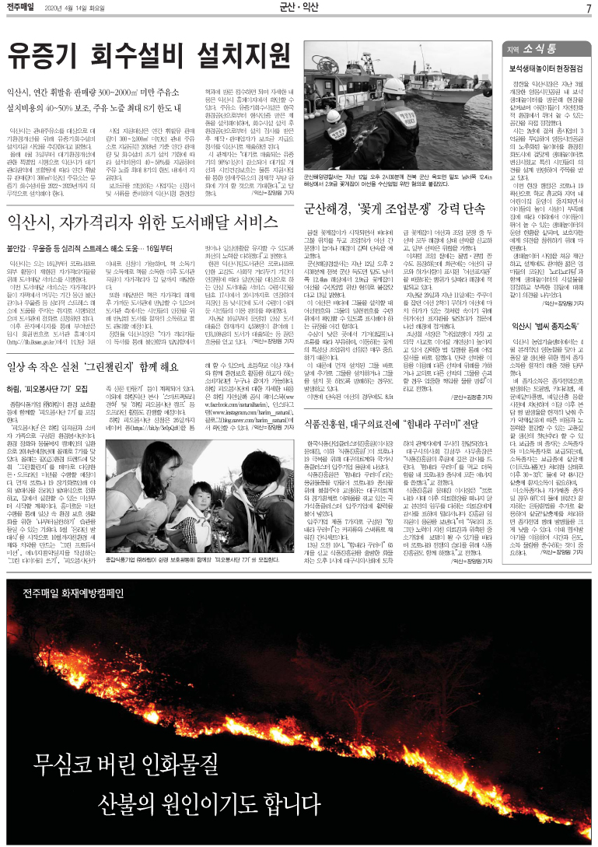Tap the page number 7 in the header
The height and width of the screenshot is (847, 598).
point(589,9)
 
